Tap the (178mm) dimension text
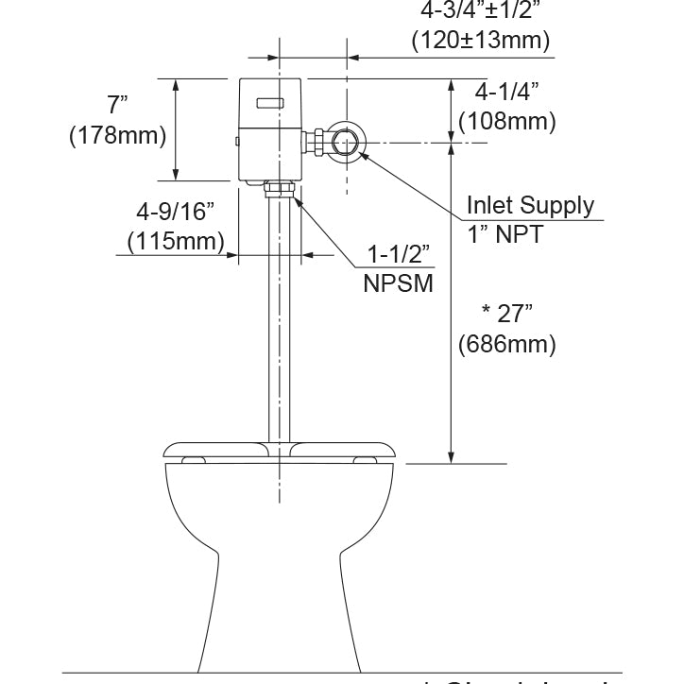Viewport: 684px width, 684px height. point(118,135)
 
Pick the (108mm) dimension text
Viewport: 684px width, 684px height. point(506,122)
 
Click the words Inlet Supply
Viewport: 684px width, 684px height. point(531,206)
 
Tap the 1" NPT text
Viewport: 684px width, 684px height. point(505,234)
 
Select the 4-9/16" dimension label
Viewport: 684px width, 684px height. point(176,210)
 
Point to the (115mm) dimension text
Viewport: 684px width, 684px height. point(176,241)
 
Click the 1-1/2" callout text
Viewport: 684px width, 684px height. point(400,254)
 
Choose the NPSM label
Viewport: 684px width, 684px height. point(399,282)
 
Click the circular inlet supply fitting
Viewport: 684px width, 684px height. point(343,143)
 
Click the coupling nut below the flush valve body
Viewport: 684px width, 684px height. point(281,192)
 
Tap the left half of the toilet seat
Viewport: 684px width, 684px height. point(217,451)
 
